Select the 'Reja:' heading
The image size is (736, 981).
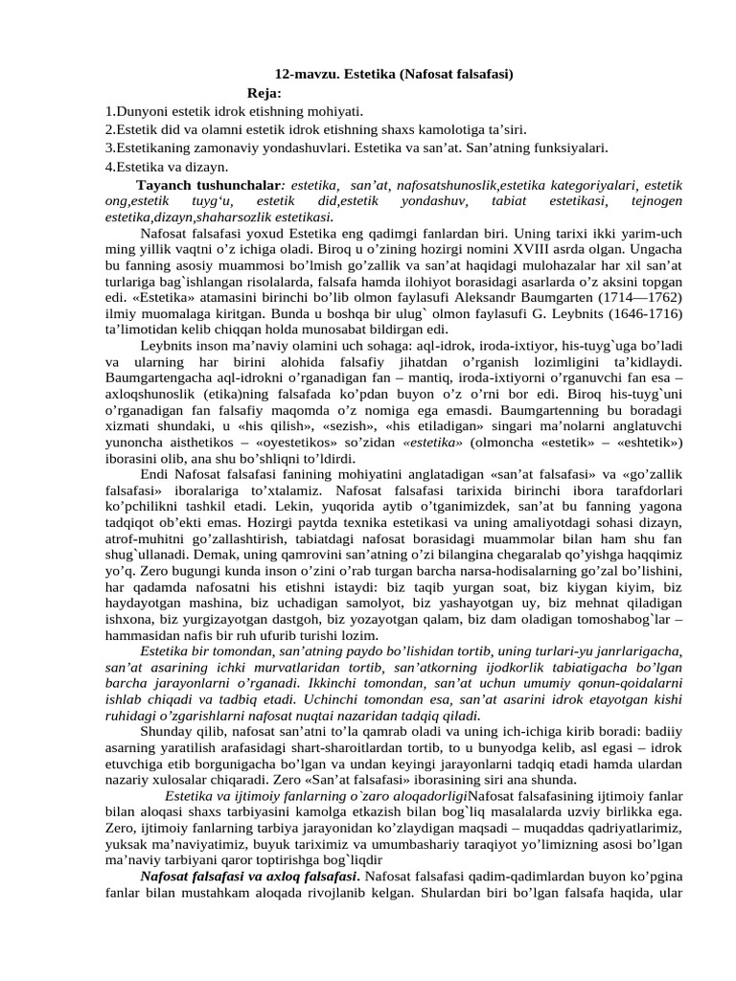click(x=264, y=93)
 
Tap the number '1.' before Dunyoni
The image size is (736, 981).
click(x=110, y=111)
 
